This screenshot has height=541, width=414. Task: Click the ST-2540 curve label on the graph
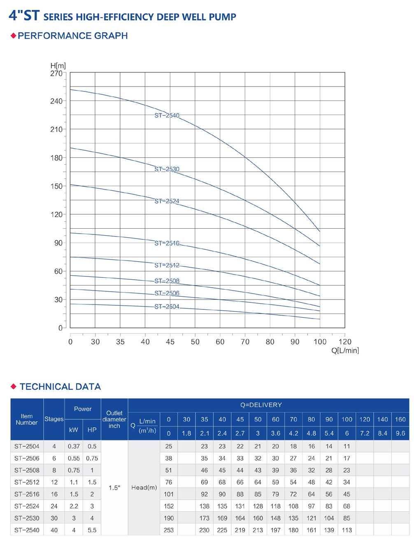[x=167, y=116]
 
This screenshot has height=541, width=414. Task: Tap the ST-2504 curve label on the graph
[x=167, y=307]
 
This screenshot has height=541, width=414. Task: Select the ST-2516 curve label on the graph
[x=167, y=244]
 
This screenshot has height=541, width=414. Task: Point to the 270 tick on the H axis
[x=56, y=74]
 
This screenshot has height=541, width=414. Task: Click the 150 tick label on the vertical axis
[x=56, y=186]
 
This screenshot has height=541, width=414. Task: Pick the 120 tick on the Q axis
[x=345, y=342]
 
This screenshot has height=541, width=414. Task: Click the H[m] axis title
[x=58, y=66]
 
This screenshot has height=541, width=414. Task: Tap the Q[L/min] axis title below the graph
[x=345, y=351]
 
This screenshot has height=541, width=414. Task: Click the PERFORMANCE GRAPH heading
[x=72, y=36]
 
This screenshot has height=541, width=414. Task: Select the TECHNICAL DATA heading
[x=60, y=386]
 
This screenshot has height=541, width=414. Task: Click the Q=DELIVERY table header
[x=261, y=405]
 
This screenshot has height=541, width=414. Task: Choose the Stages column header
[x=54, y=419]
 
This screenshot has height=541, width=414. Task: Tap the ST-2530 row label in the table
[x=27, y=518]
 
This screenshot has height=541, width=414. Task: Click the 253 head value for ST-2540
[x=169, y=530]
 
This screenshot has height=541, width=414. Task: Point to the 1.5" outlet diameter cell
[x=114, y=488]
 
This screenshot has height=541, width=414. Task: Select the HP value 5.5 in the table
[x=92, y=530]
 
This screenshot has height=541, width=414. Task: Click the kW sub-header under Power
[x=74, y=430]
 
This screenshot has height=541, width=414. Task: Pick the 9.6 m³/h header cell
[x=400, y=433]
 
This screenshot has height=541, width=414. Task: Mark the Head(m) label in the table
[x=144, y=488]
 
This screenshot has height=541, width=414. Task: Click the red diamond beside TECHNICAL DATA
[x=14, y=386]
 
